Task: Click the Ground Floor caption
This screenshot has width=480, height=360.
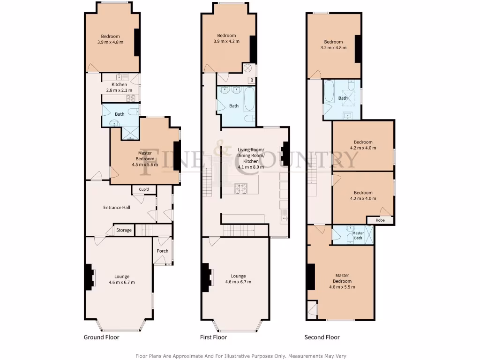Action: pyautogui.click(x=101, y=337)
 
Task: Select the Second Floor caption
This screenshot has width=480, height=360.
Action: pyautogui.click(x=322, y=337)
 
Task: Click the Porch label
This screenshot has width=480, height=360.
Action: pyautogui.click(x=163, y=251)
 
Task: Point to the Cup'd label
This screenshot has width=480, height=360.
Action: pyautogui.click(x=144, y=189)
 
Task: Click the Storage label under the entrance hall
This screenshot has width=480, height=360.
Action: pyautogui.click(x=124, y=230)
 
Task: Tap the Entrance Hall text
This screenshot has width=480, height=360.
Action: pyautogui.click(x=117, y=207)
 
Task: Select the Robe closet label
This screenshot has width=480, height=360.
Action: pyautogui.click(x=380, y=219)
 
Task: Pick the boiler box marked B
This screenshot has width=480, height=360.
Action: pyautogui.click(x=252, y=80)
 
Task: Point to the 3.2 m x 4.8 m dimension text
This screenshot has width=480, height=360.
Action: pyautogui.click(x=333, y=47)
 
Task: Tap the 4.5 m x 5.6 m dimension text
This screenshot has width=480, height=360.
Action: pyautogui.click(x=146, y=165)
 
